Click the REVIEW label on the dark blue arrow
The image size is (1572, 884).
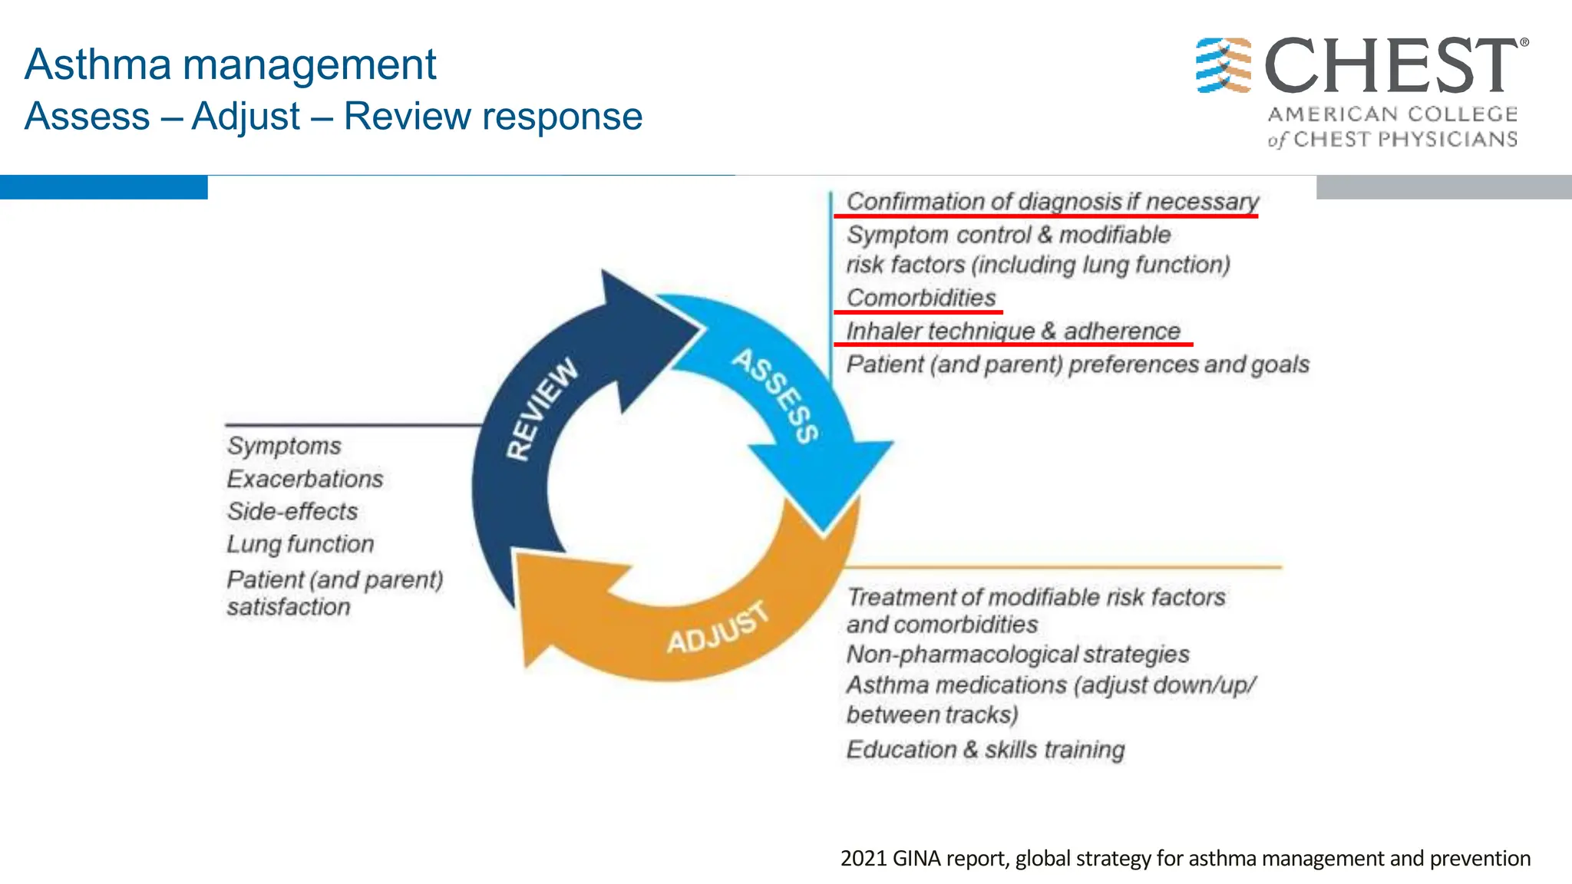tap(542, 410)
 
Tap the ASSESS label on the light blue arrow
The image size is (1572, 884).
tap(775, 396)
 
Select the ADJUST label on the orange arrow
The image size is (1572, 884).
tap(717, 628)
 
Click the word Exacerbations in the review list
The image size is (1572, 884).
tap(305, 479)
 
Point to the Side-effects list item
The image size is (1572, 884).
tap(292, 512)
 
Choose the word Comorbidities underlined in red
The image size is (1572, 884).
tap(921, 298)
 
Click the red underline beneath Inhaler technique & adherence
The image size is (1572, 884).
tap(1013, 345)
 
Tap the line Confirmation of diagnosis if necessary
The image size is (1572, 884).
tap(1052, 202)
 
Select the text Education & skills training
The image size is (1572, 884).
tap(986, 750)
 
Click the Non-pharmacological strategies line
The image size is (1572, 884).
tap(1018, 655)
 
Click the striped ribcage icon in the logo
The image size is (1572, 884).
tap(1224, 65)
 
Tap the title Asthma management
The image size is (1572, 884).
tap(230, 64)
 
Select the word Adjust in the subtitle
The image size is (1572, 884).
tap(246, 117)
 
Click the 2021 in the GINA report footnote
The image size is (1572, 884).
tap(864, 858)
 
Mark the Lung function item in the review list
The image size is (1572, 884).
tap(300, 544)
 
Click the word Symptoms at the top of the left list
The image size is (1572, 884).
tap(284, 446)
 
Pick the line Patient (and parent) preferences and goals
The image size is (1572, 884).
tap(1078, 364)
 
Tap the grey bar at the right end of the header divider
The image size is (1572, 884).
tap(1443, 187)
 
